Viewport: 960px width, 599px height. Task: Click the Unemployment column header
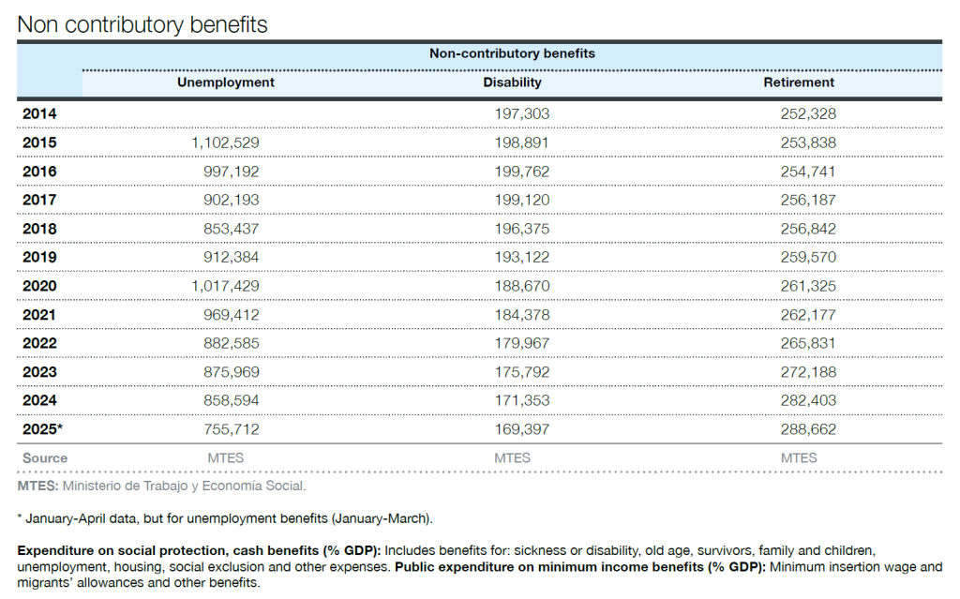(x=225, y=82)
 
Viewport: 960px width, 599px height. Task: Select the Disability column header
(x=512, y=82)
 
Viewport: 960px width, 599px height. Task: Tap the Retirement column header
(x=799, y=82)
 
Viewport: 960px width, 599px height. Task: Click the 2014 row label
(x=39, y=114)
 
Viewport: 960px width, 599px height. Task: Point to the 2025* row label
(x=42, y=429)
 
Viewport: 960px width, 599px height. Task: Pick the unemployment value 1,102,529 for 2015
(x=225, y=142)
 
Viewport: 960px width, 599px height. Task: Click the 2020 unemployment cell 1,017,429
(x=225, y=286)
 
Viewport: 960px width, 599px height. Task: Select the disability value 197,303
(x=521, y=114)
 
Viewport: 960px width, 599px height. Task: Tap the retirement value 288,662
(x=807, y=429)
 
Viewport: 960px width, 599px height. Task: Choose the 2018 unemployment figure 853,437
(x=231, y=229)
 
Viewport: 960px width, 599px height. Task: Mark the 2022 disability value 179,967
(x=521, y=344)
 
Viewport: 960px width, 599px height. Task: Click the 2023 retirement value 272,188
(x=807, y=372)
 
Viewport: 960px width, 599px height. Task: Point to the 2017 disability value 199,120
(x=521, y=201)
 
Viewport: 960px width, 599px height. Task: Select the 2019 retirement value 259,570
(x=807, y=257)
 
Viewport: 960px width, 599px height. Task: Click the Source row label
(x=45, y=458)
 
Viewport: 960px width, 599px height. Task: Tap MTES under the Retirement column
(x=799, y=458)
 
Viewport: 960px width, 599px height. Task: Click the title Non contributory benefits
(x=142, y=24)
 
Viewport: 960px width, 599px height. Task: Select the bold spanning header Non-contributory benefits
(x=512, y=53)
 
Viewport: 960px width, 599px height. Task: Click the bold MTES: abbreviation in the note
(x=37, y=487)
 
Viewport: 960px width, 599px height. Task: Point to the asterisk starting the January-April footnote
(x=21, y=517)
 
